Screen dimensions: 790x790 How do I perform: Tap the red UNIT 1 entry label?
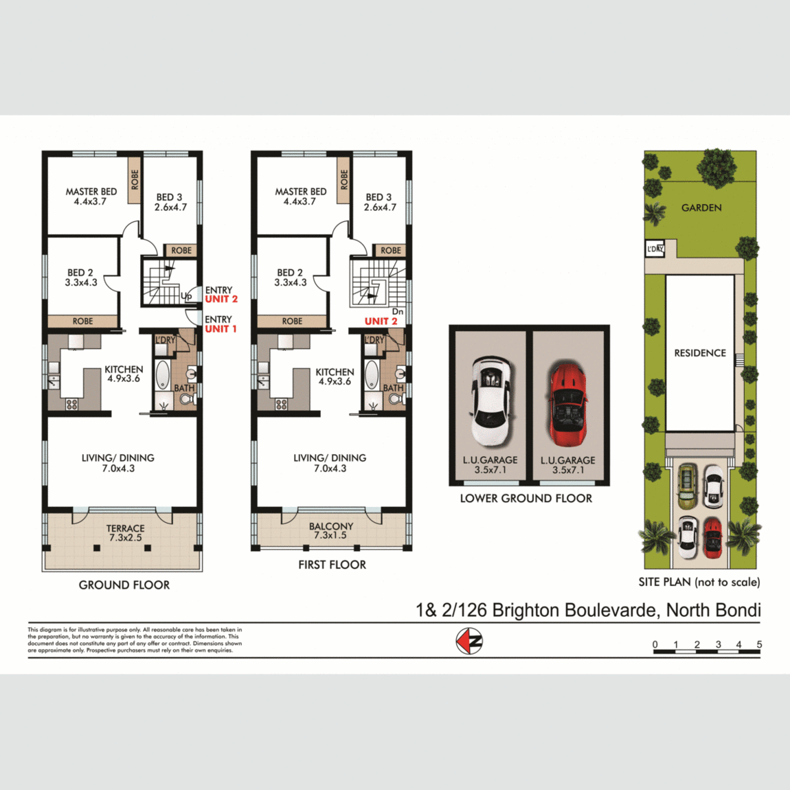221,329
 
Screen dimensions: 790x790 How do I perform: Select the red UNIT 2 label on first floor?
381,321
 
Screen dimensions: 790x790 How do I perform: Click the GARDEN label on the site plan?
701,207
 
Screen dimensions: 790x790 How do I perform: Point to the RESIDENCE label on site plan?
699,353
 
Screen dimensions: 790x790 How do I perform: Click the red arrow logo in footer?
470,642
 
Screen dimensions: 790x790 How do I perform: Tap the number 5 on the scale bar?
759,644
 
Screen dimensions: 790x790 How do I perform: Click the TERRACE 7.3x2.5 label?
125,533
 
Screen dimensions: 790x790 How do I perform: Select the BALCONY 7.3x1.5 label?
330,530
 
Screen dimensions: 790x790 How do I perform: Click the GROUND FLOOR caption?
124,585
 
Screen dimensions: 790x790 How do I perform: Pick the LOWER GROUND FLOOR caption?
526,499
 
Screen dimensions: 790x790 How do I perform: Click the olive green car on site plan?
687,487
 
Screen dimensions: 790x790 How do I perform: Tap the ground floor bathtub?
163,375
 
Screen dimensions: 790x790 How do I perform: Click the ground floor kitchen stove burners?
71,405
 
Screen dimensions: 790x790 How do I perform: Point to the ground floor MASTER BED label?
91,196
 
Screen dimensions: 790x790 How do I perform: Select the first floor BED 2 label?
290,278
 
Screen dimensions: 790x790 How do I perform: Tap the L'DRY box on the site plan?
655,249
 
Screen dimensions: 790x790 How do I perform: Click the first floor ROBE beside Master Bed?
344,180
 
